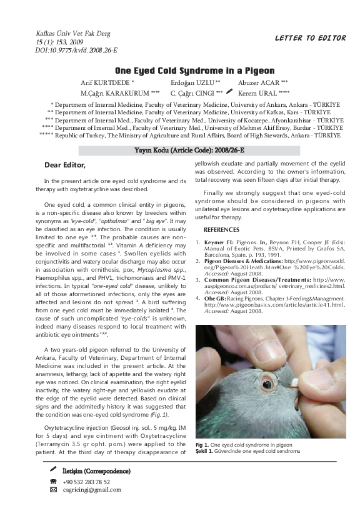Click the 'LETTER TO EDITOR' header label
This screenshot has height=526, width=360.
pyautogui.click(x=310, y=38)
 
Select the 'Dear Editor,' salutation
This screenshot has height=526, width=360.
pyautogui.click(x=65, y=165)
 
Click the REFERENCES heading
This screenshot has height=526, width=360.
pyautogui.click(x=221, y=230)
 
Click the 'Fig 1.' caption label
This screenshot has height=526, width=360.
pyautogui.click(x=202, y=445)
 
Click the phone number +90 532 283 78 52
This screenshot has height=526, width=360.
pyautogui.click(x=86, y=482)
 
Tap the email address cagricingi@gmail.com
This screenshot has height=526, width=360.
pyautogui.click(x=91, y=490)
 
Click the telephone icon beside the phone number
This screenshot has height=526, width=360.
pyautogui.click(x=53, y=482)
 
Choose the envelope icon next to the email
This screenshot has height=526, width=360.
pyautogui.click(x=53, y=490)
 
